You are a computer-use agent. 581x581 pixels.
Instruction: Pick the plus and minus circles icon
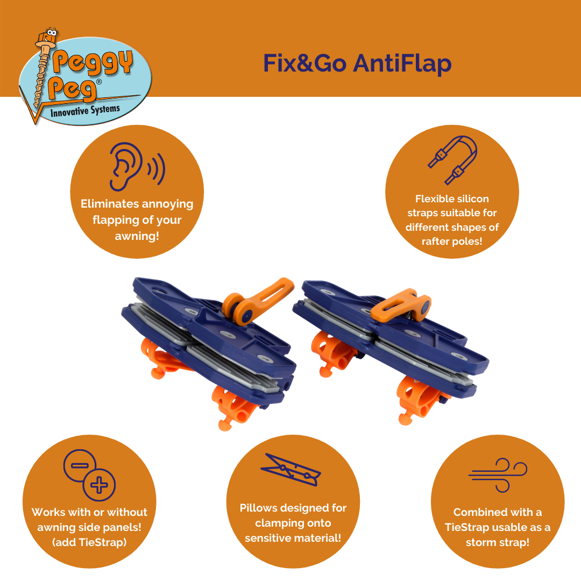click(89, 473)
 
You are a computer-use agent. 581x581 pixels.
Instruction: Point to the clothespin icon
click(291, 469)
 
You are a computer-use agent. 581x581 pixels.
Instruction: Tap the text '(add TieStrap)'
click(89, 542)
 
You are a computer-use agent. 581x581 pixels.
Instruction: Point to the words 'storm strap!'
click(498, 542)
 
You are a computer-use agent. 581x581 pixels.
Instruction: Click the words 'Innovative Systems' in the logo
click(85, 112)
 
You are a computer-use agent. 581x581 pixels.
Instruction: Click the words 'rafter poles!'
click(452, 242)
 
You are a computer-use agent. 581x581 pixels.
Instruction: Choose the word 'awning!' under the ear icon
click(137, 236)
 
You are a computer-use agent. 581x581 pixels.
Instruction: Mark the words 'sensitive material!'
click(293, 538)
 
